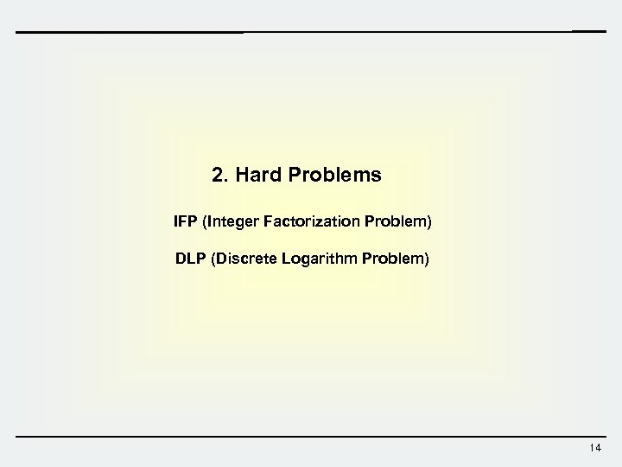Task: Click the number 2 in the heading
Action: pyautogui.click(x=218, y=176)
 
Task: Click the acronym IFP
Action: pyautogui.click(x=184, y=222)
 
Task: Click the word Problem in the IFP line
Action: pyautogui.click(x=401, y=222)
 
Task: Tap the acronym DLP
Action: pyautogui.click(x=186, y=259)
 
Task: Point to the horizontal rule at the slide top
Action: pyautogui.click(x=311, y=32)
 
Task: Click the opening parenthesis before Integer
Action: pyautogui.click(x=203, y=223)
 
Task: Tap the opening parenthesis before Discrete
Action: pyautogui.click(x=207, y=259)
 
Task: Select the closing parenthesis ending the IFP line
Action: pyautogui.click(x=429, y=223)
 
